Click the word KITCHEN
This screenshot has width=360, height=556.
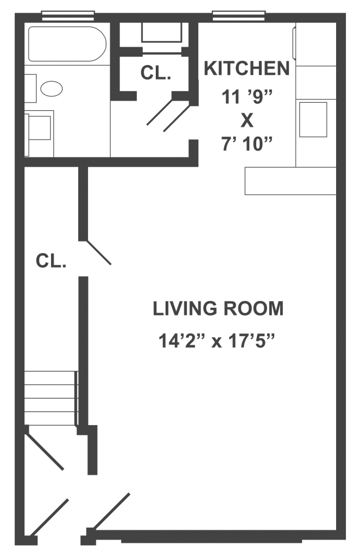click(x=247, y=68)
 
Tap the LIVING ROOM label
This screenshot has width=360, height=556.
click(x=218, y=308)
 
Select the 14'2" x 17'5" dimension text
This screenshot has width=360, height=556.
click(x=217, y=341)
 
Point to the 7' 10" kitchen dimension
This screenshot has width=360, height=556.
click(x=247, y=144)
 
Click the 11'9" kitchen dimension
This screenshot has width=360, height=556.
click(x=247, y=96)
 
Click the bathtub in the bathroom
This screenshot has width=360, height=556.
click(x=67, y=44)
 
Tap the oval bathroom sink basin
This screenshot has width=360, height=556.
click(x=52, y=89)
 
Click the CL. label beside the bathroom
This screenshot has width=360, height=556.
click(x=156, y=73)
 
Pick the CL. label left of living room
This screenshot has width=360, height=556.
click(x=51, y=261)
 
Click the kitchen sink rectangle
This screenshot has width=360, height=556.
click(x=313, y=119)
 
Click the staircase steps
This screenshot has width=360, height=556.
click(x=51, y=398)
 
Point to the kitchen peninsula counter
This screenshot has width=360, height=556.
click(x=290, y=181)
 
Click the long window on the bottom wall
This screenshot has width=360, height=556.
click(x=211, y=541)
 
